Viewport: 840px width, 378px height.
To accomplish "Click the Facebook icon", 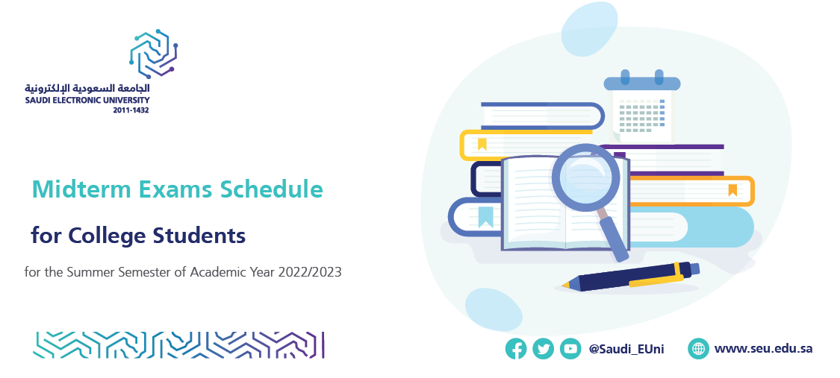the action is (515, 349).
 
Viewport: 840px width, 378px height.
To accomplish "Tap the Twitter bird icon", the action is (544, 349).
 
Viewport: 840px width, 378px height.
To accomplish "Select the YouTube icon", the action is (570, 349).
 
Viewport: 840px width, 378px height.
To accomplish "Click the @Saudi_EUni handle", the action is (626, 349).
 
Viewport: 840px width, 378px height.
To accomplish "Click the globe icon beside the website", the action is (699, 349).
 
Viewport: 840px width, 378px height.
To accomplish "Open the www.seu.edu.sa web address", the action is (763, 349).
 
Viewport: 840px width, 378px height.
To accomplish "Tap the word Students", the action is (199, 236).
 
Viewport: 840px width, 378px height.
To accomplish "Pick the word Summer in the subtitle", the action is (87, 272).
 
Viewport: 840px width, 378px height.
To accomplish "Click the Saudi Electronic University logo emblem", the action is (153, 53).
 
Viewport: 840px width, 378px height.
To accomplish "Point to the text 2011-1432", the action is (131, 110).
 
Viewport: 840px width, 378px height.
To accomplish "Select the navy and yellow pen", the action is (630, 277).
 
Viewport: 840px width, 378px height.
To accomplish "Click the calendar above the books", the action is (642, 106).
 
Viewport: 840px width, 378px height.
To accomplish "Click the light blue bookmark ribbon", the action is (485, 217).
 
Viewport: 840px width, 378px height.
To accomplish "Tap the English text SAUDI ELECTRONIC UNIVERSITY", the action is (87, 100).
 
